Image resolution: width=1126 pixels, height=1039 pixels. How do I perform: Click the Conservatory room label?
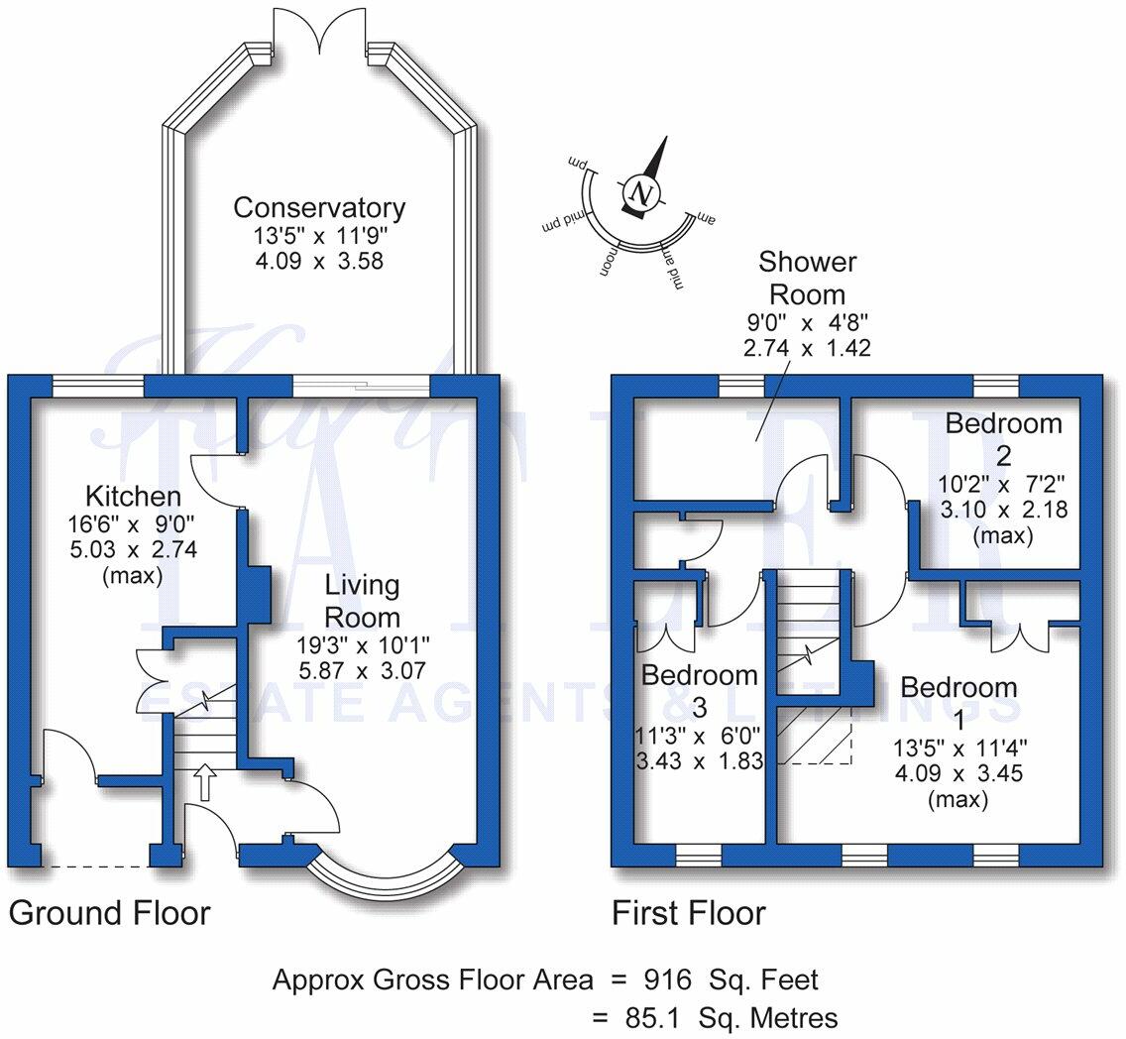pyautogui.click(x=318, y=208)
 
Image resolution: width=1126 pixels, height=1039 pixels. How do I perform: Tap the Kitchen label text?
pyautogui.click(x=132, y=496)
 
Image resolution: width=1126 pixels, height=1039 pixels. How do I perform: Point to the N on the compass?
pyautogui.click(x=641, y=192)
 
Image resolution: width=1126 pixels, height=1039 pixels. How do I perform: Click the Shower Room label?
pyautogui.click(x=807, y=278)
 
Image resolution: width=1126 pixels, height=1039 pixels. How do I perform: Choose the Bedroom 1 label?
pyautogui.click(x=958, y=687)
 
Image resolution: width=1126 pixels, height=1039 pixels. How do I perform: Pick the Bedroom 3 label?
pyautogui.click(x=700, y=690)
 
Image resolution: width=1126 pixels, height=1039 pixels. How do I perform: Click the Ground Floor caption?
pyautogui.click(x=110, y=912)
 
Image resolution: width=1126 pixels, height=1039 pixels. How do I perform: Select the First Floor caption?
pyautogui.click(x=689, y=912)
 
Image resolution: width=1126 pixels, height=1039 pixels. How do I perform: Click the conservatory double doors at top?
pyautogui.click(x=320, y=30)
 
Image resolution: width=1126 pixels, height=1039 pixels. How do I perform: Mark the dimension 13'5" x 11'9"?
pyautogui.click(x=318, y=238)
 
